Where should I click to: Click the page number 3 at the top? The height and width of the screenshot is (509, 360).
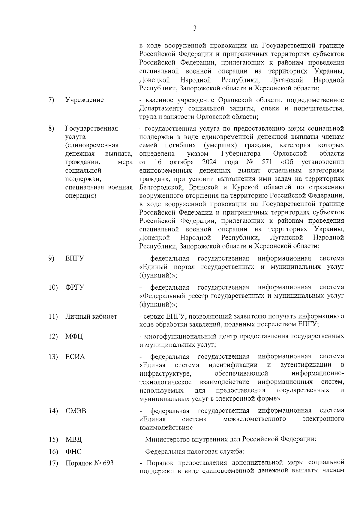[195, 29]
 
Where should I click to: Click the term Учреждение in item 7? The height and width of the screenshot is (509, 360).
[84, 100]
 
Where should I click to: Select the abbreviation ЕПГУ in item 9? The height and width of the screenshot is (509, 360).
[75, 258]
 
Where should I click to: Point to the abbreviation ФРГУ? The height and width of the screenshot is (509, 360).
[75, 288]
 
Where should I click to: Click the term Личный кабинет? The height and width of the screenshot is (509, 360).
[91, 316]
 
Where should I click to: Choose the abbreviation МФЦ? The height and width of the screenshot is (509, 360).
[74, 336]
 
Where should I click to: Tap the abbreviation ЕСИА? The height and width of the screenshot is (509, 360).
[75, 357]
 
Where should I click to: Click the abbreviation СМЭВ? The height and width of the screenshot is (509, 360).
[76, 411]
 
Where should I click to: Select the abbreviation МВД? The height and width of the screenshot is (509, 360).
[73, 440]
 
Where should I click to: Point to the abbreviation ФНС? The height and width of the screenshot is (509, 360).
[73, 452]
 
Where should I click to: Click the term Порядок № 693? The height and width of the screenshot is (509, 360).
[89, 463]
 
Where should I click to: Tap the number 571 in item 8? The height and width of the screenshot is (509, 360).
[266, 162]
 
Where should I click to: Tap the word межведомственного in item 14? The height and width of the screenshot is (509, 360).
[254, 419]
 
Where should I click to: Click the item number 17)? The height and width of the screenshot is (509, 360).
[53, 463]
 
